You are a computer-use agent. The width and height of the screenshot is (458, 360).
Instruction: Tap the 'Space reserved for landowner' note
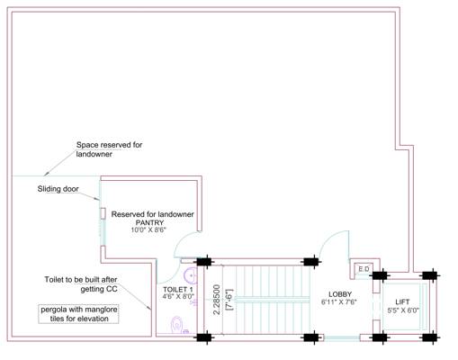(109, 149)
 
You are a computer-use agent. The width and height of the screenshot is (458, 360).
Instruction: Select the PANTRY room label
(148, 222)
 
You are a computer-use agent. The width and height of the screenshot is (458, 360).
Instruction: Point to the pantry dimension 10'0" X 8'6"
(148, 230)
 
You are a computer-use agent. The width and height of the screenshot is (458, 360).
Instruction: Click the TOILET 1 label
(178, 289)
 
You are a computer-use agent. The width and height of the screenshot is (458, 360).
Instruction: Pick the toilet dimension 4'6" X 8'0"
(178, 297)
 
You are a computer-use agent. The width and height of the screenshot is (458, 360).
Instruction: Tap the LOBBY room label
(339, 293)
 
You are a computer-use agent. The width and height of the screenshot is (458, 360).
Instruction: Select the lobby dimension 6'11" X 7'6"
(339, 301)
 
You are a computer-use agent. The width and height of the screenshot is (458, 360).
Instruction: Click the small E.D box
(364, 269)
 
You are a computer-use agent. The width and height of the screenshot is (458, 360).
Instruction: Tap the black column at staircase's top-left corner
(205, 261)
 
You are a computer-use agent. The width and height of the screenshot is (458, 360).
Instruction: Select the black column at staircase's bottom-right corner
(311, 338)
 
